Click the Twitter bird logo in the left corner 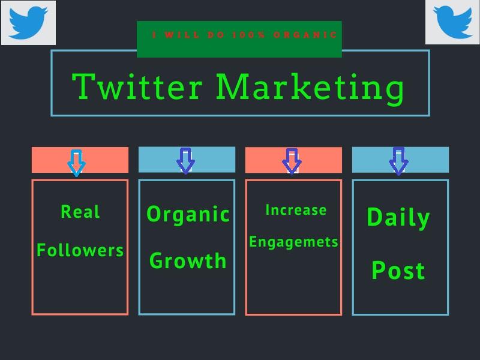28,22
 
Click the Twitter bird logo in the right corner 452,22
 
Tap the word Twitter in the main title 137,86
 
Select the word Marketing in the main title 310,88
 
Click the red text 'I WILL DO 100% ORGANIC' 245,35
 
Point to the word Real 80,211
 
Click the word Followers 80,250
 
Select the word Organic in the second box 188,214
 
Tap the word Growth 188,261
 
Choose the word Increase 296,210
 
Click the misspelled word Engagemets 293,242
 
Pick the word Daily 398,217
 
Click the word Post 398,271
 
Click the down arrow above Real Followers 76,162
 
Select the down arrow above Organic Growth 185,160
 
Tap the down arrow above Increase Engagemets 292,161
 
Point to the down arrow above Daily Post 398,161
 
